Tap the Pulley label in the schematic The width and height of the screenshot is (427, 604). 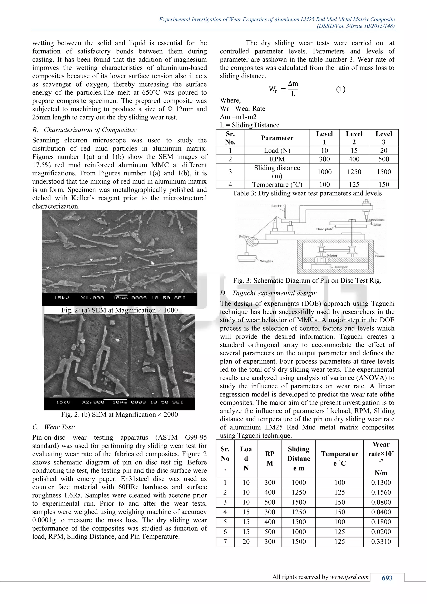tap(244, 236)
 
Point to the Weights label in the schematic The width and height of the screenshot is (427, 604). tap(266, 261)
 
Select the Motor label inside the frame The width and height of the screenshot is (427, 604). tap(332, 255)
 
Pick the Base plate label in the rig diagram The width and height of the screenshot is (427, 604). tap(324, 229)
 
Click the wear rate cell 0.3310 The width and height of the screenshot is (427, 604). tap(381, 541)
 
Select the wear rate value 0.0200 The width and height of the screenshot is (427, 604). tap(381, 531)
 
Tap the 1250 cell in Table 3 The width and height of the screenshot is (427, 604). tap(354, 172)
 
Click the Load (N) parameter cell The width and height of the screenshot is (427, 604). tap(277, 150)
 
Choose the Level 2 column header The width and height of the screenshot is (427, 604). tap(354, 138)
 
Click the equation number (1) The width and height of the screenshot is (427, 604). tap(341, 89)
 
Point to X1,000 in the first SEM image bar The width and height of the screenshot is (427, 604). tap(92, 298)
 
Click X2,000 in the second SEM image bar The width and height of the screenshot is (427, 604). tap(93, 402)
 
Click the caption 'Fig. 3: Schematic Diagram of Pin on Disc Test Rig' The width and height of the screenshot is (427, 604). tap(307, 281)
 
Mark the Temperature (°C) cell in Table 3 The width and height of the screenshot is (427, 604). tap(277, 184)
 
